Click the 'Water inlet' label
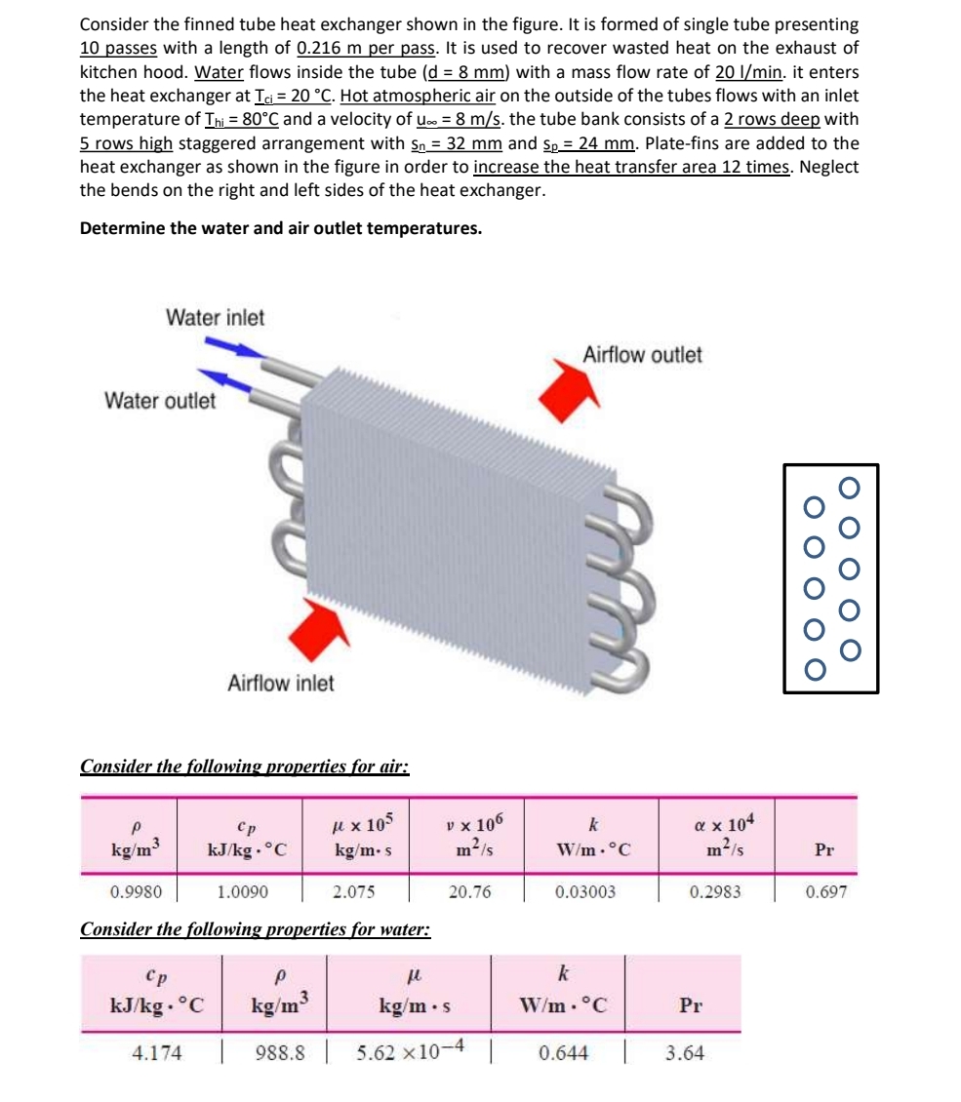[x=215, y=317]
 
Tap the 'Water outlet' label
[x=160, y=401]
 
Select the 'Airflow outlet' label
[x=641, y=355]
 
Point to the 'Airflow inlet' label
[x=280, y=683]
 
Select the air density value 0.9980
[x=131, y=891]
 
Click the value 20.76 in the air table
[x=469, y=891]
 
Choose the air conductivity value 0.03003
[x=585, y=891]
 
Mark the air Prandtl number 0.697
[x=825, y=891]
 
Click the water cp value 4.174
[x=157, y=1053]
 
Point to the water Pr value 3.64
[x=684, y=1053]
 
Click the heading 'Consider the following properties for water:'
[x=255, y=928]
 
